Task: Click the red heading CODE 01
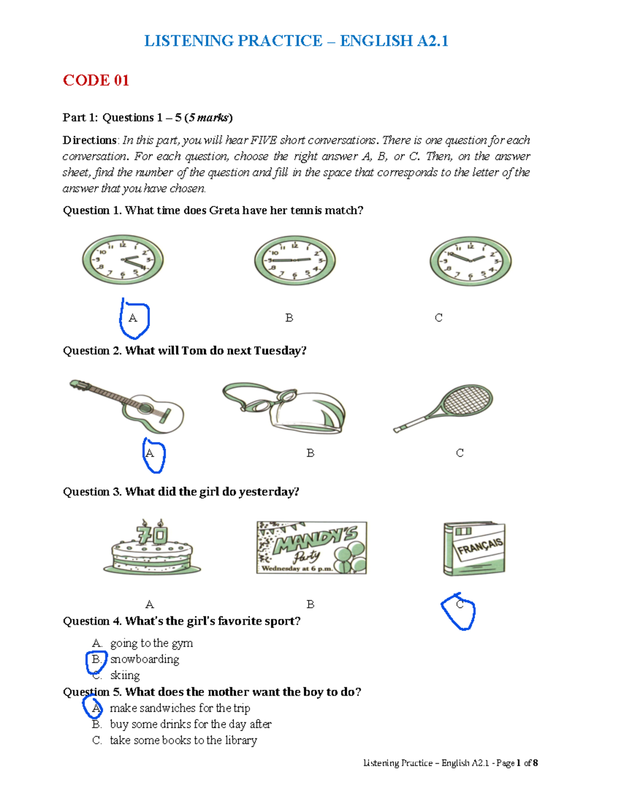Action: click(96, 80)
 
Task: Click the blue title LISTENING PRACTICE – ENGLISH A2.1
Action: click(296, 41)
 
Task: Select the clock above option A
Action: click(123, 259)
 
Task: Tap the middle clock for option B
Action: click(294, 260)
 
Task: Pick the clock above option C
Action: click(470, 261)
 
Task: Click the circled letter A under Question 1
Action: click(133, 318)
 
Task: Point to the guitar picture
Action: click(127, 406)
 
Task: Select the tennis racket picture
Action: click(444, 407)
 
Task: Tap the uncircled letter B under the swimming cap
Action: click(310, 453)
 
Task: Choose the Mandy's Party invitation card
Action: click(312, 548)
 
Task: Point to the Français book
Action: click(474, 548)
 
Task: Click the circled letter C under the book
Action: click(460, 605)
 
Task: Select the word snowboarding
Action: click(144, 659)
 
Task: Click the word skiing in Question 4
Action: click(125, 675)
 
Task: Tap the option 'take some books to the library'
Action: click(183, 740)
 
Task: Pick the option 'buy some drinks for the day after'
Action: click(190, 724)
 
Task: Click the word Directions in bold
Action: click(90, 140)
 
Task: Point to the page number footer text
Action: click(450, 763)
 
